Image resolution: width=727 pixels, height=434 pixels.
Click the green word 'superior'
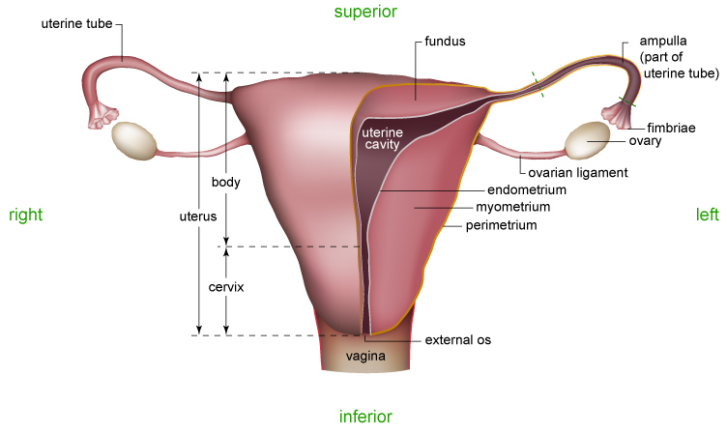[365, 12]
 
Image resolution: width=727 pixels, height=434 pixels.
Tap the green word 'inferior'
[365, 418]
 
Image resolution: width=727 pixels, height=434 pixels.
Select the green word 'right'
[25, 215]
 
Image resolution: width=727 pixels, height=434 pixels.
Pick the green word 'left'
[708, 215]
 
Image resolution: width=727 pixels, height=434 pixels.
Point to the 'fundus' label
[446, 43]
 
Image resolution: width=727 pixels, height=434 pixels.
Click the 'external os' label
[458, 340]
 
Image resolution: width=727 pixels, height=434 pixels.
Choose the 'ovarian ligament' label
[578, 173]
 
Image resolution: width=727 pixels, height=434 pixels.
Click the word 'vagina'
[366, 357]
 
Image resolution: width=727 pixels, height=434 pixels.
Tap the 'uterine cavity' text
[381, 137]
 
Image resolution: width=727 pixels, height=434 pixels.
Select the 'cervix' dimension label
[226, 288]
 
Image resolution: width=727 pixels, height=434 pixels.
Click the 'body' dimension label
[225, 182]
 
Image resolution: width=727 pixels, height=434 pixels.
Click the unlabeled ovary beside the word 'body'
[134, 140]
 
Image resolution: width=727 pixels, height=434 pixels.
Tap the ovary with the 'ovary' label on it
[586, 141]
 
